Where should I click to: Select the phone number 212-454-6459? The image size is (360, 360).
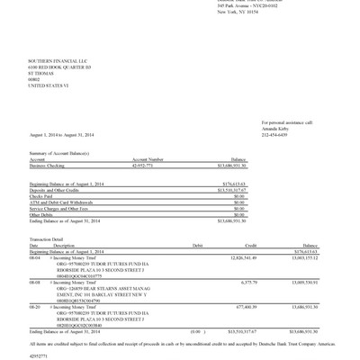[x=274, y=135]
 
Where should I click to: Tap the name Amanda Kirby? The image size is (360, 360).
[x=274, y=130]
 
